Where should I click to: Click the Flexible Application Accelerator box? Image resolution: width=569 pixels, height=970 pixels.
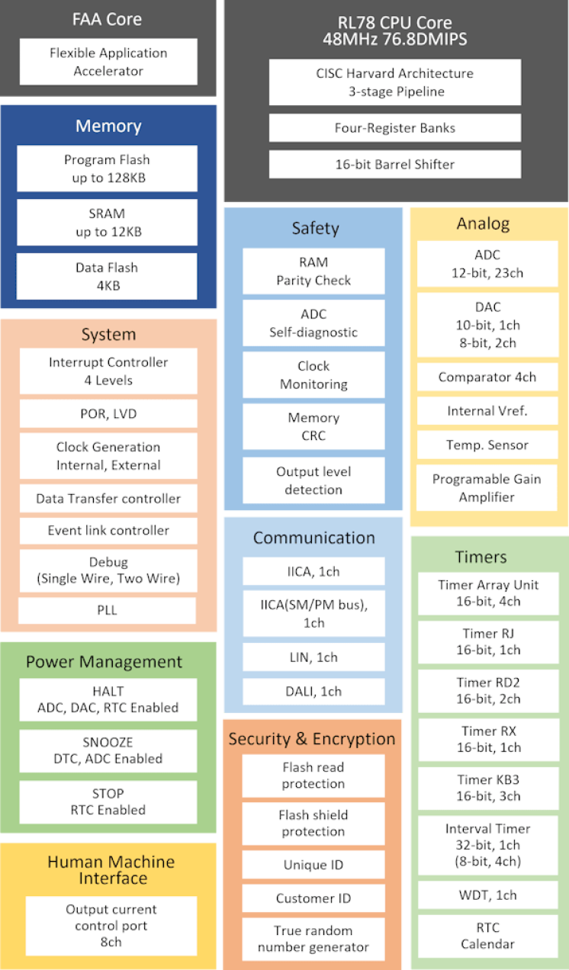coord(108,62)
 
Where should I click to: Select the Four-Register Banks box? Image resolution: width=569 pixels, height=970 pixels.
coord(395,128)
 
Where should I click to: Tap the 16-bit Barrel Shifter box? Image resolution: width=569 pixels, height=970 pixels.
coord(395,164)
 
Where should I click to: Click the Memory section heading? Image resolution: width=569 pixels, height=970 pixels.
coord(108,126)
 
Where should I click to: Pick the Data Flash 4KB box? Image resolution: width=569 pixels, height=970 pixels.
coord(107,276)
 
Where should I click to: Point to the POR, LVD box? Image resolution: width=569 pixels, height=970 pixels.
coord(108,413)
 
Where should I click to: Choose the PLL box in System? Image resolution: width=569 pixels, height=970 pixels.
coord(107,610)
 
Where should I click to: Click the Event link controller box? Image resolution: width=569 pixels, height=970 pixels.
coord(108,531)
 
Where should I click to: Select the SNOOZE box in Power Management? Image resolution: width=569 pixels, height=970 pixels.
coord(108,750)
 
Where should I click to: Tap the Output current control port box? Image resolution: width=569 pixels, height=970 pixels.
coord(111,926)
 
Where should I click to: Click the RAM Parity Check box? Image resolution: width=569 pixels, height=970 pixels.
coord(313,271)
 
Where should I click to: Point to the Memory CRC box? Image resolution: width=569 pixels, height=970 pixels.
coord(313,426)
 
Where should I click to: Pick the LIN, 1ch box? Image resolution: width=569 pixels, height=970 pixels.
coord(313,657)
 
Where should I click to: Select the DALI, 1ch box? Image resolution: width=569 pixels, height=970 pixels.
coord(313,691)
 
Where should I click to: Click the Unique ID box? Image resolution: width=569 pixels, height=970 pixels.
coord(313,865)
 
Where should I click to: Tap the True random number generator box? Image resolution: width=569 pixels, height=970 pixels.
coord(313,939)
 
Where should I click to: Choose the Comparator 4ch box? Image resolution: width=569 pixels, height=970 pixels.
coord(487,377)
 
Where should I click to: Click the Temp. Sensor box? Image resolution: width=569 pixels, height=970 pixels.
coord(487,445)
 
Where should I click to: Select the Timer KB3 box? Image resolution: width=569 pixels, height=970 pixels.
coord(488,789)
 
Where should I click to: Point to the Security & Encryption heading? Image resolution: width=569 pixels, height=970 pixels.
coord(312,738)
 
